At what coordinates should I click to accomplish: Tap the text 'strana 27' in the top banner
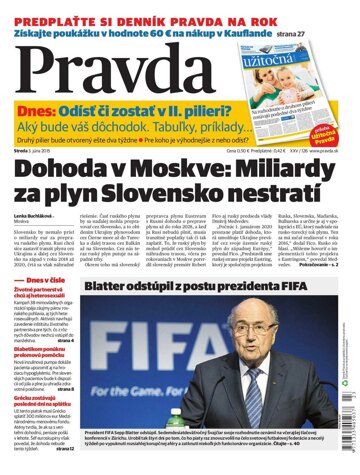[x=324, y=29]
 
